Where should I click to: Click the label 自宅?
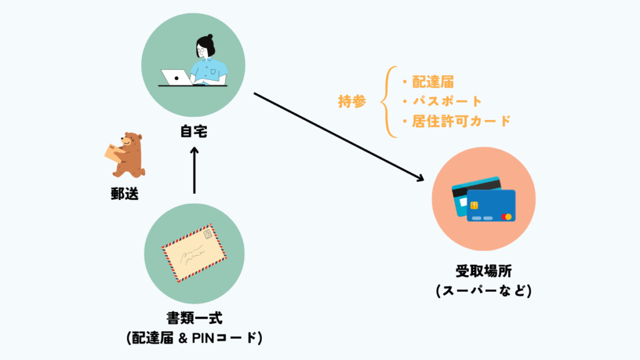tap(194, 132)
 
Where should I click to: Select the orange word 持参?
tap(352, 102)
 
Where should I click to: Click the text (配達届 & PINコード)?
tap(194, 338)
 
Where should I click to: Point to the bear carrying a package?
tap(125, 154)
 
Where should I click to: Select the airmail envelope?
tap(194, 252)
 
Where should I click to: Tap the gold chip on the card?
tap(474, 205)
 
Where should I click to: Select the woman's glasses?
tap(202, 49)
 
